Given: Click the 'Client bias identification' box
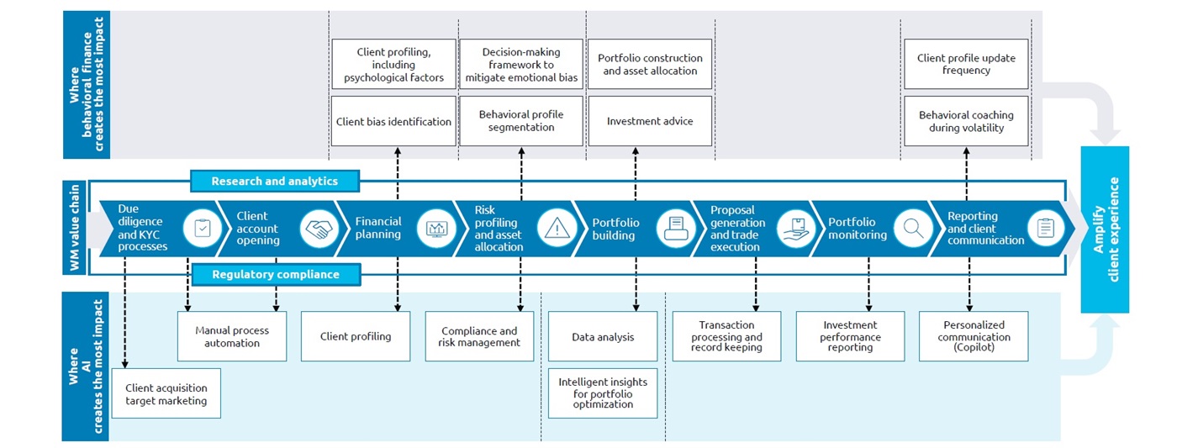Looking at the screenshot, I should click(393, 121).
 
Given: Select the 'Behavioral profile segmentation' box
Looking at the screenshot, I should click(521, 121).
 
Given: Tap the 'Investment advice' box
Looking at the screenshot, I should click(650, 121).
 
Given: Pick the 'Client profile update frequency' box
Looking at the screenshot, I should click(966, 64).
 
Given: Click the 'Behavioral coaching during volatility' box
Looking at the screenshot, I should click(966, 121).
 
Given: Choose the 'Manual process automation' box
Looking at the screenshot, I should click(232, 336).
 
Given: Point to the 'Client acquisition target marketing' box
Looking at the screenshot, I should click(166, 393).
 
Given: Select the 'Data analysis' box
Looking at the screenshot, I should click(603, 336).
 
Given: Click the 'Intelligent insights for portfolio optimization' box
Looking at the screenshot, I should click(603, 393).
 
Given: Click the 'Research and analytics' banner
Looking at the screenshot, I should click(274, 181).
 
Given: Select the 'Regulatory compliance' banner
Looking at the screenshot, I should click(275, 274).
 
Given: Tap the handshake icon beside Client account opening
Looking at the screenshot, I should click(319, 229).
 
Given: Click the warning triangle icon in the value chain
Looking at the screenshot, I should click(557, 229).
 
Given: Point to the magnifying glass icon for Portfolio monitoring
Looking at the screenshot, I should click(913, 228).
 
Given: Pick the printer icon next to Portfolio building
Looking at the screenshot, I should click(675, 228).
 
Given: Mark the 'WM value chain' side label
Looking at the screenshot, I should click(75, 229).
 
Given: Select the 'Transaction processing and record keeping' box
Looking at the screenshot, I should click(726, 336).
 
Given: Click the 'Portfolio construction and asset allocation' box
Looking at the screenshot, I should click(650, 64).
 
